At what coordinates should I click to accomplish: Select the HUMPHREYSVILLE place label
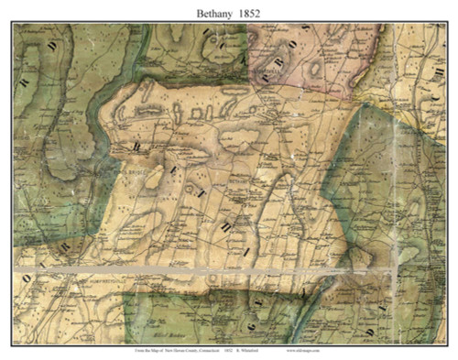[71, 283]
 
